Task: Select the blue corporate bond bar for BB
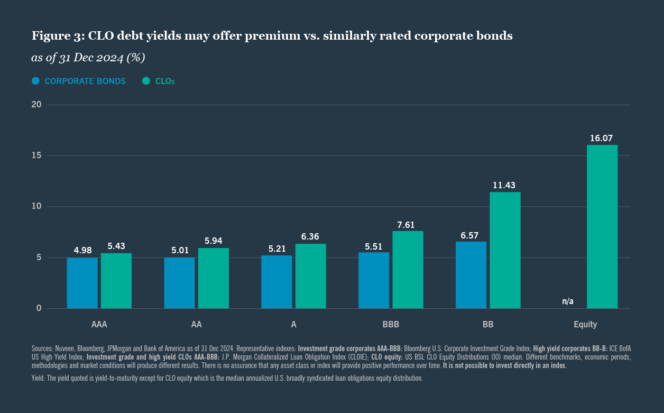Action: [471, 275]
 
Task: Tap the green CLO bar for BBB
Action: [408, 270]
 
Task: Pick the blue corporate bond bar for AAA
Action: [82, 283]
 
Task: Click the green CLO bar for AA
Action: [213, 278]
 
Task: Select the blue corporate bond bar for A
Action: [276, 282]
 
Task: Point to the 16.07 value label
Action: [602, 139]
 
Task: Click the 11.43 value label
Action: [505, 186]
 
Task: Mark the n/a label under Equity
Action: [568, 301]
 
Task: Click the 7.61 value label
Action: [408, 225]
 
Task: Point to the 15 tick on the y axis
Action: [36, 155]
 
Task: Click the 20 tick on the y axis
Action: [36, 105]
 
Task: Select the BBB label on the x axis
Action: [391, 324]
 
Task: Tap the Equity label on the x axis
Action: [585, 324]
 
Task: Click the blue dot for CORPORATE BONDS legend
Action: [36, 81]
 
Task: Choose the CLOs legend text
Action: [165, 81]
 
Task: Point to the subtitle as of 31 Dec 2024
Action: [88, 58]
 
